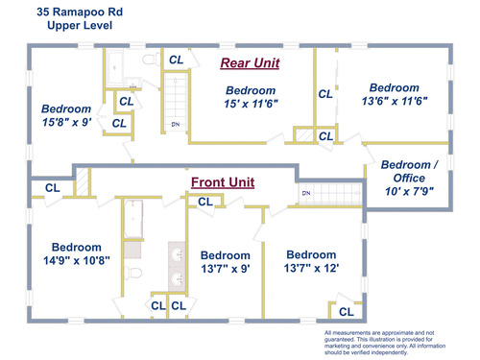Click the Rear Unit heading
[250, 63]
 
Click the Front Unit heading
[223, 182]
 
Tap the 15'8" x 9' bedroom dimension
[67, 122]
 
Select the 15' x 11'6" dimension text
[251, 104]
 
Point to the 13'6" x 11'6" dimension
[395, 101]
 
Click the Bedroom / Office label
[409, 171]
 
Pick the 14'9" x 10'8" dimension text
[77, 260]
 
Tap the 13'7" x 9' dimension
[226, 269]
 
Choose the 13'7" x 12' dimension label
[311, 268]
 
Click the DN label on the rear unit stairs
[176, 124]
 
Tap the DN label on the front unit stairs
[306, 193]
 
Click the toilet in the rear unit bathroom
[151, 60]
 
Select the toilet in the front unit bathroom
[133, 273]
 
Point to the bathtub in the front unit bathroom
[133, 219]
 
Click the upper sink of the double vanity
[177, 255]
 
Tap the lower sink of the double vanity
[177, 279]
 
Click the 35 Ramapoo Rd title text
[80, 12]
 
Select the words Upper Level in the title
[80, 25]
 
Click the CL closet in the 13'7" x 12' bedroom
[347, 312]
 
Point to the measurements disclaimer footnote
[385, 343]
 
